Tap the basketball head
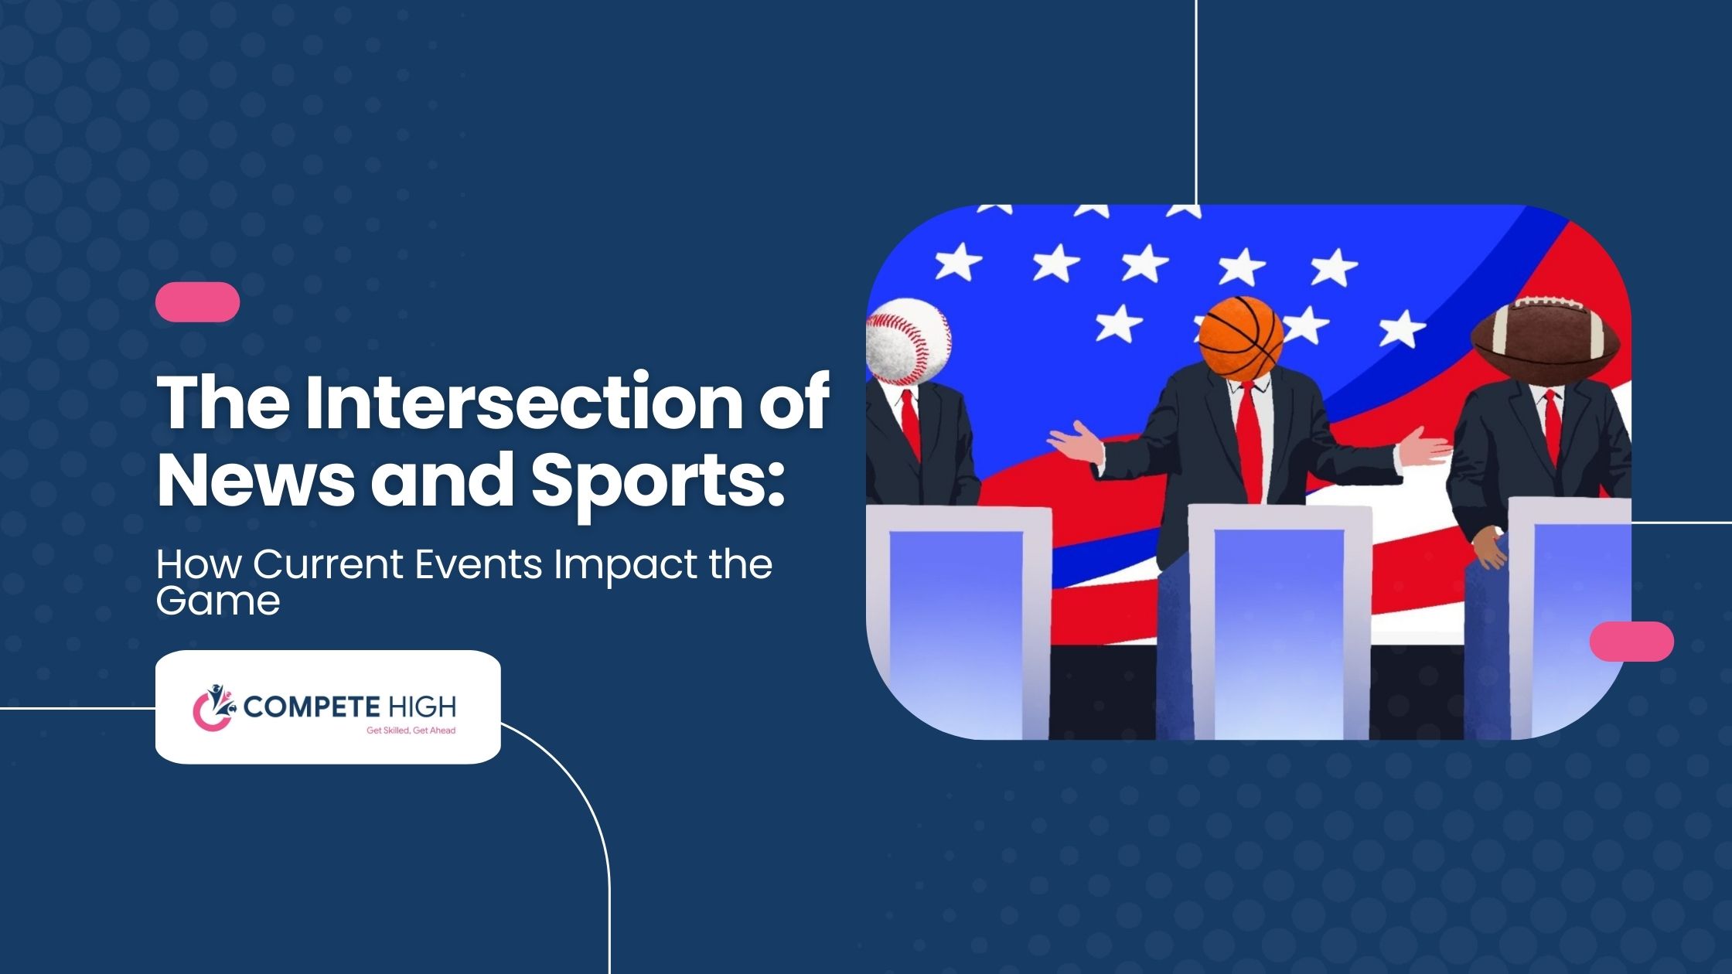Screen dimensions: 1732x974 pyautogui.click(x=1241, y=339)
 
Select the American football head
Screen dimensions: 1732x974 pyautogui.click(x=1545, y=341)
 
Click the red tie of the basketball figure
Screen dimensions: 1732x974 pyautogui.click(x=1250, y=441)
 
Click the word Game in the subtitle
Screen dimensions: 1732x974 pyautogui.click(x=218, y=601)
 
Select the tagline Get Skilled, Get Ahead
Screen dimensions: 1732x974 pyautogui.click(x=411, y=730)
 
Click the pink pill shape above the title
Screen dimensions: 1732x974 pyautogui.click(x=198, y=301)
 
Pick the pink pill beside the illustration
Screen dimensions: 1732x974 pyautogui.click(x=1631, y=642)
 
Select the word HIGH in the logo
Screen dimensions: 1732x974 pyautogui.click(x=422, y=707)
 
